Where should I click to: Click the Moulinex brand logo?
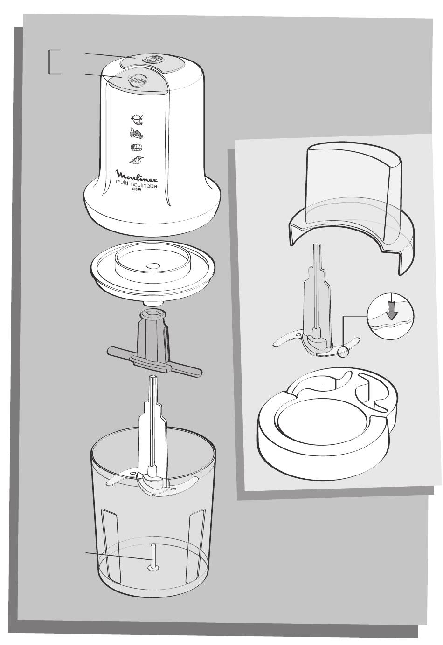pos(137,174)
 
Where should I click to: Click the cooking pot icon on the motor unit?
pos(137,119)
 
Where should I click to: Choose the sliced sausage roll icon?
pos(137,147)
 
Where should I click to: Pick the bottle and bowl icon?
pos(137,133)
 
